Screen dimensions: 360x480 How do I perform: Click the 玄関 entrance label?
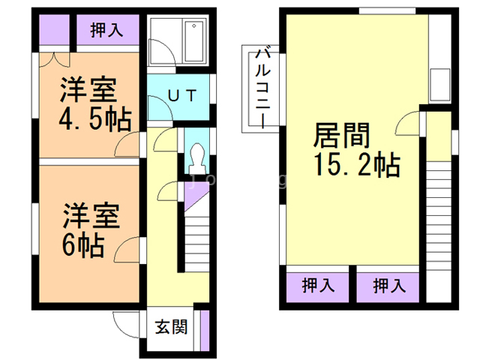pos(171,328)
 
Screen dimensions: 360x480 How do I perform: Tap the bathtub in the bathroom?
pos(194,43)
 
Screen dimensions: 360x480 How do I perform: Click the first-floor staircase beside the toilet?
pos(197,236)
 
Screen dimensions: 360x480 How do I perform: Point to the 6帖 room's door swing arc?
pos(130,247)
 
